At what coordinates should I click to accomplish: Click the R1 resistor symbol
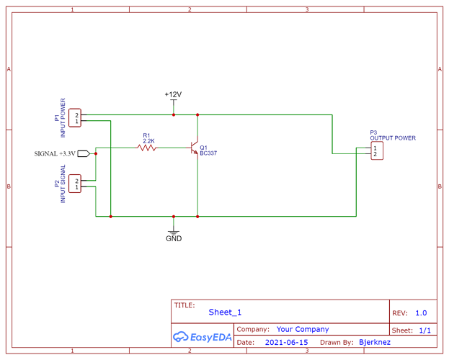point(147,148)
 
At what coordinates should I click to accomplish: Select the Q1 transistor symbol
point(193,148)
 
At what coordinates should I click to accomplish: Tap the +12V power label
point(173,94)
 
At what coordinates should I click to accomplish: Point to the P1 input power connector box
point(76,118)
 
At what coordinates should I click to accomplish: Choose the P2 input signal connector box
point(76,184)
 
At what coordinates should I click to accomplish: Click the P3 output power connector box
point(375,150)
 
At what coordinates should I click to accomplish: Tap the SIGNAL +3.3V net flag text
point(55,153)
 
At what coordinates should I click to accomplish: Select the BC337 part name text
point(209,153)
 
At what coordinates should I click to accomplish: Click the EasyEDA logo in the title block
point(201,336)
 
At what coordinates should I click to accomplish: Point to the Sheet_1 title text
point(225,312)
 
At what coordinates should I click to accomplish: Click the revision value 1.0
point(421,313)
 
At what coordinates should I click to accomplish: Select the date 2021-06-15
point(286,343)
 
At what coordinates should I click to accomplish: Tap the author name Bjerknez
point(375,343)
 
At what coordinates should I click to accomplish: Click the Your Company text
point(302,329)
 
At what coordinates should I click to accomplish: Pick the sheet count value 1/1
point(424,330)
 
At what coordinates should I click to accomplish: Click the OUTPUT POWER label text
point(393,138)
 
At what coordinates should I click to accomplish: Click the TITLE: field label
point(185,305)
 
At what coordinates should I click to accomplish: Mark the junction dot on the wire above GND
point(174,216)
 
